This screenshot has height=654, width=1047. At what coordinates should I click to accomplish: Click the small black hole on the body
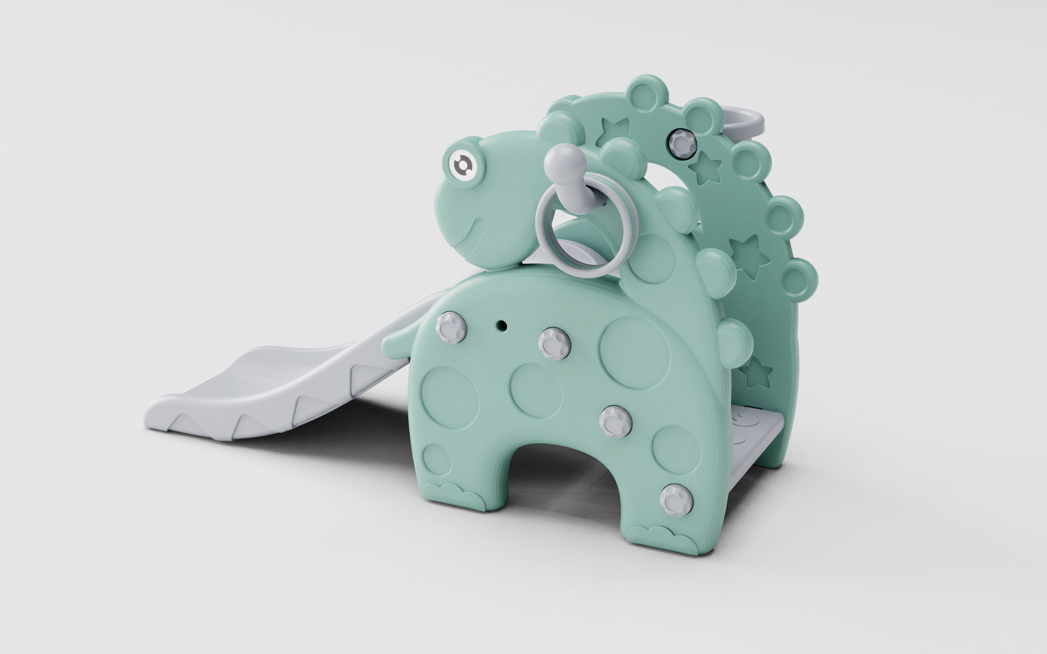(x=502, y=324)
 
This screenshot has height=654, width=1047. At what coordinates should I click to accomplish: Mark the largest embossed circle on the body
(x=634, y=353)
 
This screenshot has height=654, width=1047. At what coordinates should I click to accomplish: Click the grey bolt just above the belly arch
(x=615, y=422)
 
